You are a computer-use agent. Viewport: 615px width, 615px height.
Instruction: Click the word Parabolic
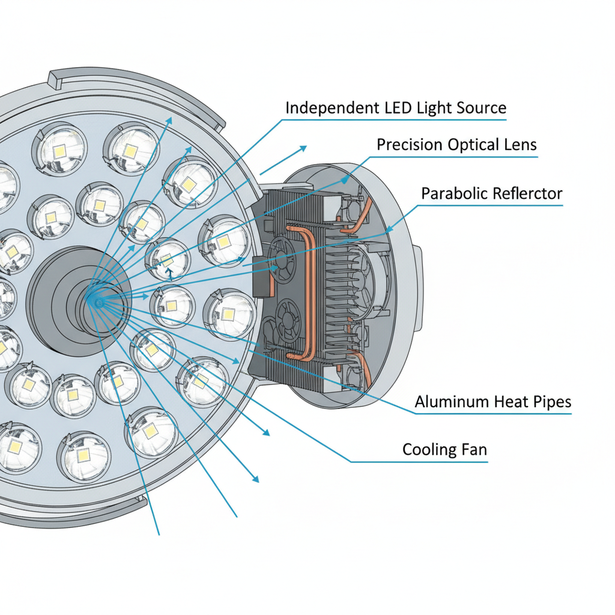[x=452, y=193]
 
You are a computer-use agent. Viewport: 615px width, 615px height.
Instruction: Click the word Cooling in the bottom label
[x=426, y=449]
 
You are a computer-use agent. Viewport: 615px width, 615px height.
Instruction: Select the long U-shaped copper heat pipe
[x=311, y=288]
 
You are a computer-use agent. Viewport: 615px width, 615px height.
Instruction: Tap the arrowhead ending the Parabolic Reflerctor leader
[x=388, y=230]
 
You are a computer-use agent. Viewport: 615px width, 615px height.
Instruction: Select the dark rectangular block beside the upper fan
[x=261, y=277]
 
